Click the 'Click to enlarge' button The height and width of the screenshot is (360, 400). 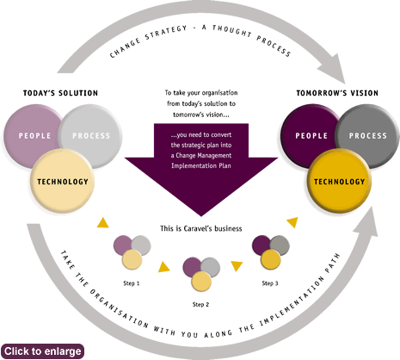coord(42,351)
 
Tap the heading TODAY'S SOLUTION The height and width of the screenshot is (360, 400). coord(60,93)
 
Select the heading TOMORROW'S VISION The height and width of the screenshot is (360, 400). coord(337,93)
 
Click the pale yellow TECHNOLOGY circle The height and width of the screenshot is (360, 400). coord(62,181)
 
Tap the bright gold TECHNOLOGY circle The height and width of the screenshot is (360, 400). coord(339,181)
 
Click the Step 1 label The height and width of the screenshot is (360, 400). coord(132,283)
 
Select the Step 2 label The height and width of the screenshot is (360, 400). coord(200,304)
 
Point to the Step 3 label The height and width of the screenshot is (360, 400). coord(270,283)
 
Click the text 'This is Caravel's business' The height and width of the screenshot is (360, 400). coord(201,228)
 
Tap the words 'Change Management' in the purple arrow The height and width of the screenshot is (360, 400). coord(204,155)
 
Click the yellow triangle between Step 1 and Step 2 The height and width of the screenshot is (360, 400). coord(163,267)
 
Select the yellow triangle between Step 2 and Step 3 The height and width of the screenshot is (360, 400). coord(237,265)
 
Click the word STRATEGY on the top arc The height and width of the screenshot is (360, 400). coord(166,32)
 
